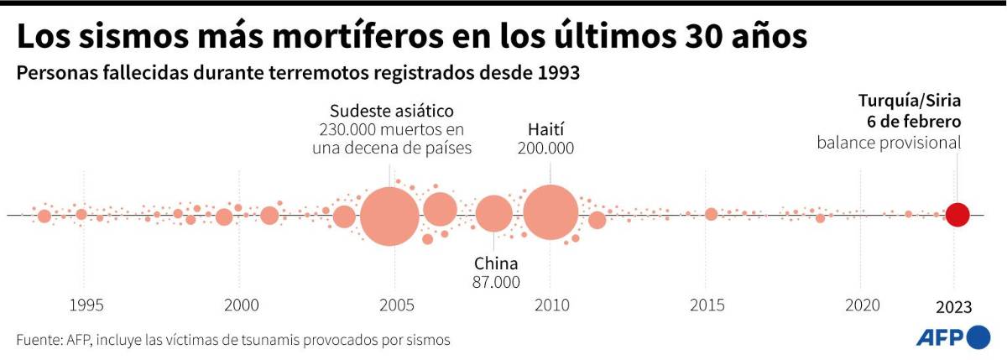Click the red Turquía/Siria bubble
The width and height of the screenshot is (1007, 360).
pos(957,215)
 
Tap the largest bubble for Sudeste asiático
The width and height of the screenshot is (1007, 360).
pos(390,216)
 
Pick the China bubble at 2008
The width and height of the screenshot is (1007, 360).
pos(493,214)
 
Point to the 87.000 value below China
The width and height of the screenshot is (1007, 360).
pos(496,282)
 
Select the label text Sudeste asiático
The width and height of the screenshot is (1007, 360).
pos(391,111)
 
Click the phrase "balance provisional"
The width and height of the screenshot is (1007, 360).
pos(889,143)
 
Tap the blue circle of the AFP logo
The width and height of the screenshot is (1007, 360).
pos(978,338)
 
